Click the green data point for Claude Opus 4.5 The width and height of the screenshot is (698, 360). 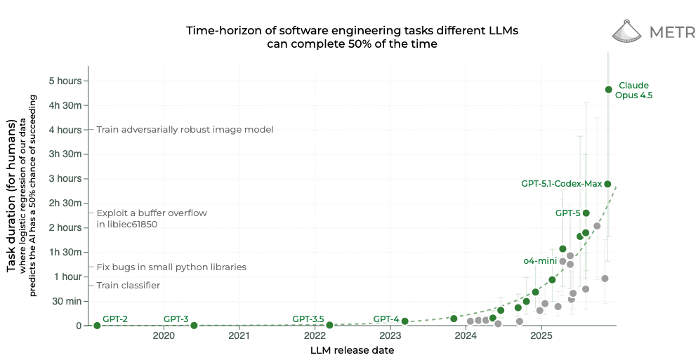(609, 90)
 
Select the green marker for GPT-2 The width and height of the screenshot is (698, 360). (97, 325)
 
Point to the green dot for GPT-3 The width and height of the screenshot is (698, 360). (194, 325)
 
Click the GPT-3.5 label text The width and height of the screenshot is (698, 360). (308, 319)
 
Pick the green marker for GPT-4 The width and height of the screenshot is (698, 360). (404, 321)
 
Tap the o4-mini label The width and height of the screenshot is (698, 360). (540, 261)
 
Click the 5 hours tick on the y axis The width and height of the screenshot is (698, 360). (65, 81)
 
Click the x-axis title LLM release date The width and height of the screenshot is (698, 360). (352, 351)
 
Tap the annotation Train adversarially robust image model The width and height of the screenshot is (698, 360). (185, 130)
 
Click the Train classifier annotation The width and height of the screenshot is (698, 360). (128, 286)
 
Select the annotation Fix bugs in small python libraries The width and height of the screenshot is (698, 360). (171, 267)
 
